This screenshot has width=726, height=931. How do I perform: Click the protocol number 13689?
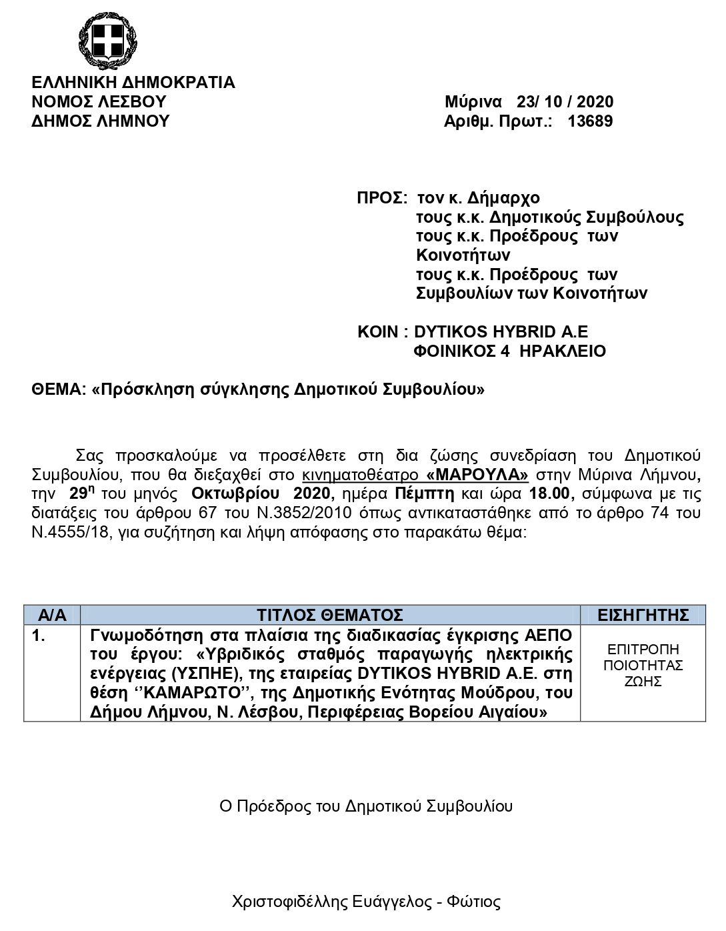590,121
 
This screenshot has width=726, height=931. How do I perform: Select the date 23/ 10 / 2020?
565,102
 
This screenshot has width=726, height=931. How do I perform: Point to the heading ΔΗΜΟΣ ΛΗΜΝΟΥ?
101,121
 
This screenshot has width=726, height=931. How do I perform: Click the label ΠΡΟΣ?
382,199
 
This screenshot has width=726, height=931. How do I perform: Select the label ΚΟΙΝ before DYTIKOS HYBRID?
378,332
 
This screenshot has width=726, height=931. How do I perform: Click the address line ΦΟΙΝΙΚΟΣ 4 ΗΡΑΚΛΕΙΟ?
510,351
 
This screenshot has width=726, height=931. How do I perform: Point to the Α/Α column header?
52,615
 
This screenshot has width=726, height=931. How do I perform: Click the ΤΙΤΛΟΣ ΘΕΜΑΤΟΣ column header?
330,615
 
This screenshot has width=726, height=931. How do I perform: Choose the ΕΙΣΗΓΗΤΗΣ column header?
643,615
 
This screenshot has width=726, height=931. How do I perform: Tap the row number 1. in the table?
39,636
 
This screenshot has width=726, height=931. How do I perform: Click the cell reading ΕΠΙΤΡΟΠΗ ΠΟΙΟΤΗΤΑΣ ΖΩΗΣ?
643,666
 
